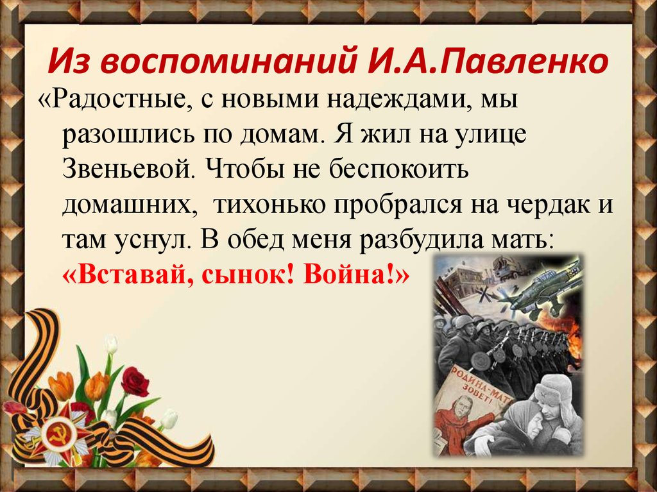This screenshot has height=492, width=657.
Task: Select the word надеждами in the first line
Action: pyautogui.click(x=375, y=101)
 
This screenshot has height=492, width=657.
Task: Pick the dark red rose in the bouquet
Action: pyautogui.click(x=135, y=382)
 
